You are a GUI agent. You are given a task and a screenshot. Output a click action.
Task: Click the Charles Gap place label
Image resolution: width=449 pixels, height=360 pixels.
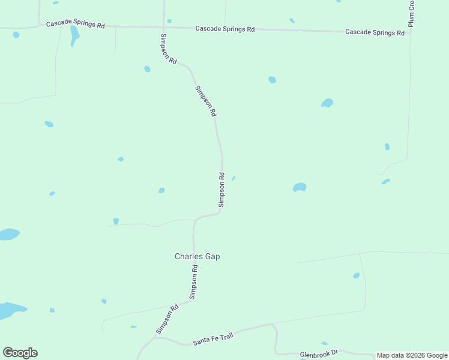coord(197,256)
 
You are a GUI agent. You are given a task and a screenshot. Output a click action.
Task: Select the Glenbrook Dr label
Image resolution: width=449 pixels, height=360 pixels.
coord(319,354)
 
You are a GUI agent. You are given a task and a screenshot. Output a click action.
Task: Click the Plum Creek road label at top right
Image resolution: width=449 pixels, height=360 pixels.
coord(412,13)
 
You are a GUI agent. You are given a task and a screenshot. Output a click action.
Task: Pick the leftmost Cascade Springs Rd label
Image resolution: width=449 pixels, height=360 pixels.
coord(76,25)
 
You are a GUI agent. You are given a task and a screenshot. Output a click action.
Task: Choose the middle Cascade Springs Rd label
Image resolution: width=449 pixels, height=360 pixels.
coord(225,29)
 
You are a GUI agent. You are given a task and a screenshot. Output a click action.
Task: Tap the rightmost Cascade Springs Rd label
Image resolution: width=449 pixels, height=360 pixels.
coord(375,32)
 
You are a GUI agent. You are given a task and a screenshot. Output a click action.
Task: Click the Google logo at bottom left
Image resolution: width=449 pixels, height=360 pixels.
coord(20,353)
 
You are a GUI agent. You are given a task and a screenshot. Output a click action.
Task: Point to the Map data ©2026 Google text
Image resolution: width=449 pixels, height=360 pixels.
coord(412,355)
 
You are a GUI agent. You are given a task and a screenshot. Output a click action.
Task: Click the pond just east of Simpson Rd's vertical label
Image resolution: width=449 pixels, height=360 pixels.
coord(233,178)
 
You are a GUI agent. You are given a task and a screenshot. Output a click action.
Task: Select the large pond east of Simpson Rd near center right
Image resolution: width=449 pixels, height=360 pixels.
coord(300,187)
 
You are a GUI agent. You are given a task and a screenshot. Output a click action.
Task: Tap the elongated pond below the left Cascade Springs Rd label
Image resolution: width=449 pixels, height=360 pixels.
coord(74,35)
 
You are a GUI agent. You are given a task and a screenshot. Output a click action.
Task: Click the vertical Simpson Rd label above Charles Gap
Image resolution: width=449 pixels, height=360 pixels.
coord(221,190)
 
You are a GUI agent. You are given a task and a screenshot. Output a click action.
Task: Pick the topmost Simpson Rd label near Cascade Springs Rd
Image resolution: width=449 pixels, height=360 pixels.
coord(168,49)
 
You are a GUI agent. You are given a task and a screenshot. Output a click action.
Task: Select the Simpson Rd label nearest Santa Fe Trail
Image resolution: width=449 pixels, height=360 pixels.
coord(167,320)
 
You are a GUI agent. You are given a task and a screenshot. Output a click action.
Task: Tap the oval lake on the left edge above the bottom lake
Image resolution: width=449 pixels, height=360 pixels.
coord(8,234)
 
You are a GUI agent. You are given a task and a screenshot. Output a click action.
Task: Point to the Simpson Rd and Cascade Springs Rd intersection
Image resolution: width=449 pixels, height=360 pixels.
coord(163,26)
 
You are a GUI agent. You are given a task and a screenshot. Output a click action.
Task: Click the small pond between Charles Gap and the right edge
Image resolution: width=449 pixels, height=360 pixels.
coord(356,275)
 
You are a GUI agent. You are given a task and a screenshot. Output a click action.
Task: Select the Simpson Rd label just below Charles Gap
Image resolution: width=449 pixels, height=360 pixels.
coord(193,283)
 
